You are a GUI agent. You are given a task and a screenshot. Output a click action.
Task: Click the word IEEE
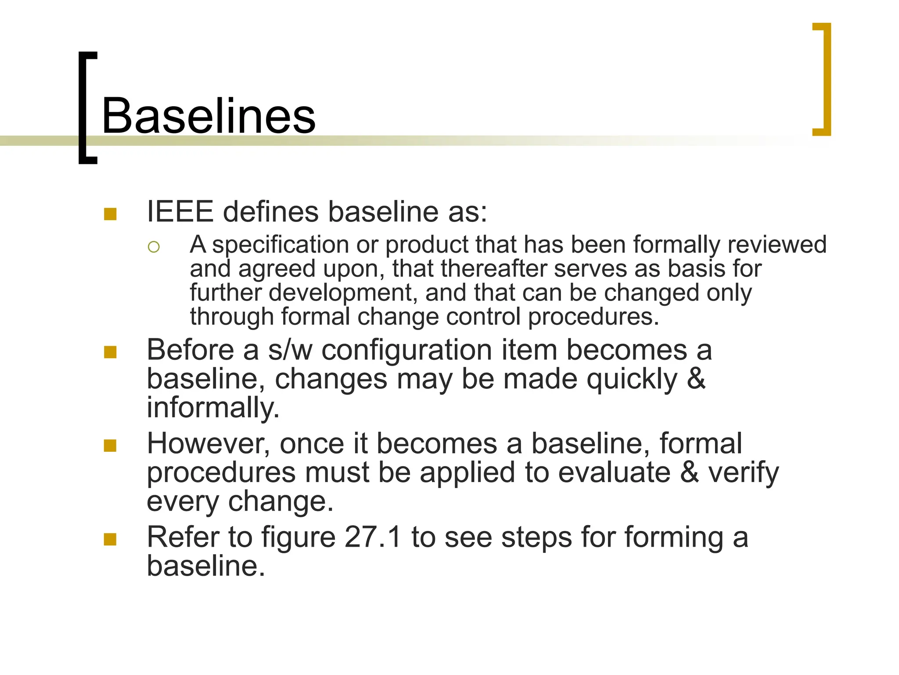(x=180, y=212)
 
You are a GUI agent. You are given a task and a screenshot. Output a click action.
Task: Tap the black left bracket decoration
(x=83, y=108)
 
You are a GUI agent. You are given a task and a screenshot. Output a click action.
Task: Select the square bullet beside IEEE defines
(x=110, y=214)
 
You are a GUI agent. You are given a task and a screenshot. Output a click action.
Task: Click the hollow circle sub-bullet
(x=154, y=247)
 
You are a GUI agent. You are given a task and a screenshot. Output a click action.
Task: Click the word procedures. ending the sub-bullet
(x=593, y=316)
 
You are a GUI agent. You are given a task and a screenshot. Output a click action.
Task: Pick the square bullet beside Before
(x=110, y=352)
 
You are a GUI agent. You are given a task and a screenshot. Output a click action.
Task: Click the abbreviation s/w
(x=290, y=350)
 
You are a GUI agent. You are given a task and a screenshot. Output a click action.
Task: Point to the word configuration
(x=406, y=351)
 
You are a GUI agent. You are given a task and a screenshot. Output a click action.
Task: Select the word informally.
(x=212, y=407)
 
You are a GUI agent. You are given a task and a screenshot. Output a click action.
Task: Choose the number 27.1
(x=373, y=537)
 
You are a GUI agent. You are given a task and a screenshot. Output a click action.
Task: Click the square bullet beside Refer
(x=110, y=539)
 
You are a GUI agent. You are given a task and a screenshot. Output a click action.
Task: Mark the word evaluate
(x=614, y=472)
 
